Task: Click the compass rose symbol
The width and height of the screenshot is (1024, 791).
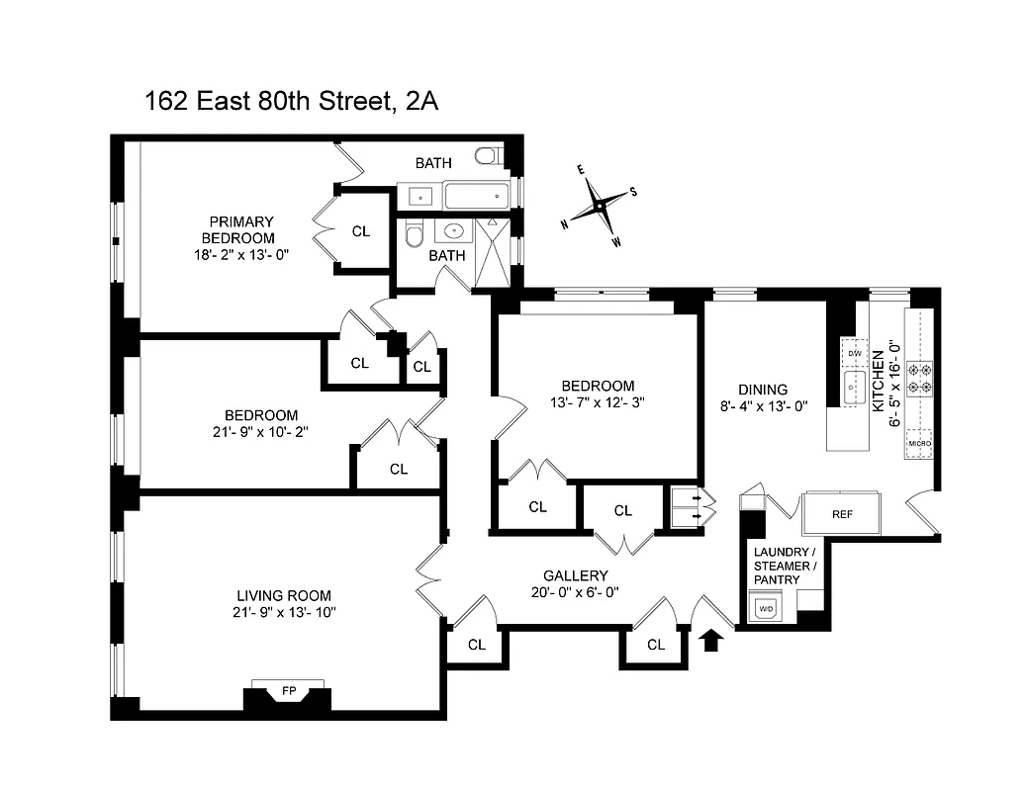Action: (599, 207)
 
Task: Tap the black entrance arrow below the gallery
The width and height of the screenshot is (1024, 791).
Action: (711, 641)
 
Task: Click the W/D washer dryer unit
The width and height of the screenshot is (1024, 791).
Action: (766, 607)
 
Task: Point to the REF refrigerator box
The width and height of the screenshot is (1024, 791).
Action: (842, 514)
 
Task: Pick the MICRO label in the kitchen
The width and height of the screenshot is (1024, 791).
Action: (919, 444)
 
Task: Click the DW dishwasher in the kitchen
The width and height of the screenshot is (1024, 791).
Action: (853, 352)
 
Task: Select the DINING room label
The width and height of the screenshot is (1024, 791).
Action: (763, 390)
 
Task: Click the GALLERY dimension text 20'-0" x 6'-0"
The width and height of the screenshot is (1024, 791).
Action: (575, 593)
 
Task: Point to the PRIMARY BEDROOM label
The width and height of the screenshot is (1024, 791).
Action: (239, 229)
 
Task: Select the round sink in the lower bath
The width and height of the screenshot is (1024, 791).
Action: (454, 233)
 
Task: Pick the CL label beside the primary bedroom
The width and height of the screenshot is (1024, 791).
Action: (361, 231)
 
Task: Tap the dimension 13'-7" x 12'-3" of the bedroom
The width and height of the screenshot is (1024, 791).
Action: (598, 402)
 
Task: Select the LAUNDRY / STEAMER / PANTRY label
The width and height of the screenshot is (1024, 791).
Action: (785, 566)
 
